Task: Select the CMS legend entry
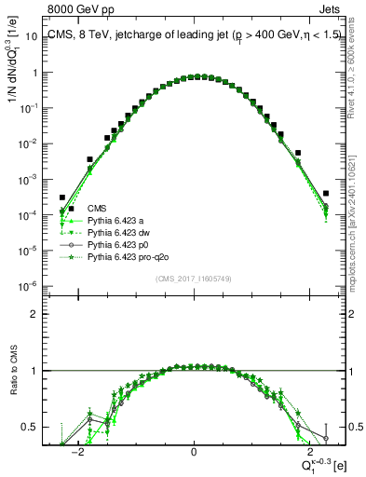[97, 208]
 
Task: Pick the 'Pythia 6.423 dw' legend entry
[118, 232]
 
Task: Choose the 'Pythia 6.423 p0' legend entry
[118, 244]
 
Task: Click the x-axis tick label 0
[194, 453]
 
